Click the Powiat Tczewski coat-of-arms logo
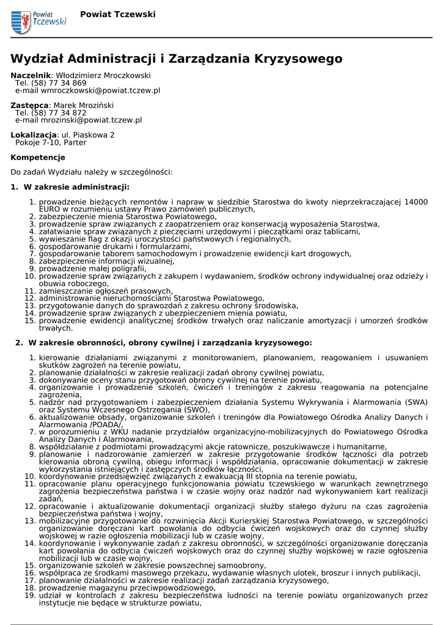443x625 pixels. (21, 22)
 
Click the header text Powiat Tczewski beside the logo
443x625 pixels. (118, 14)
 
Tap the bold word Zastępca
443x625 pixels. (29, 106)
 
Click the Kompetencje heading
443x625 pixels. (38, 157)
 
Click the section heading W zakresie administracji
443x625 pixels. (76, 187)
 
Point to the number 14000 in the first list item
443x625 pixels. (416, 202)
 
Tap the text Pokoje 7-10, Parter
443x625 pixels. (51, 142)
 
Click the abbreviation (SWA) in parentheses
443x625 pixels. (416, 402)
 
